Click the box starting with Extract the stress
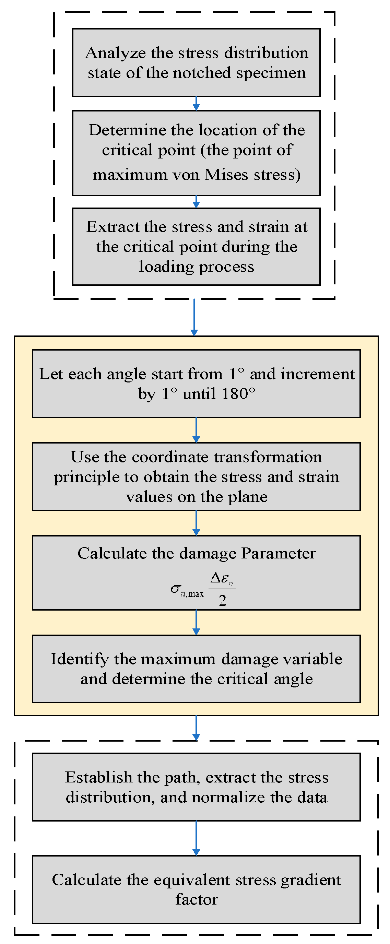[x=196, y=247]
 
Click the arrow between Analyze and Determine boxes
[x=196, y=103]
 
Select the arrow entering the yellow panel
[x=194, y=317]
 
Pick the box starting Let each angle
[x=196, y=384]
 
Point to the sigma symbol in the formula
[x=176, y=589]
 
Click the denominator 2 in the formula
[x=223, y=600]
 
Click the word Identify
[x=80, y=659]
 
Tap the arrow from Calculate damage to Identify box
[x=196, y=622]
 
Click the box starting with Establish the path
[x=196, y=787]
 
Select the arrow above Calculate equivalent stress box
[x=196, y=838]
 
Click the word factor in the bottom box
[x=197, y=899]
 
